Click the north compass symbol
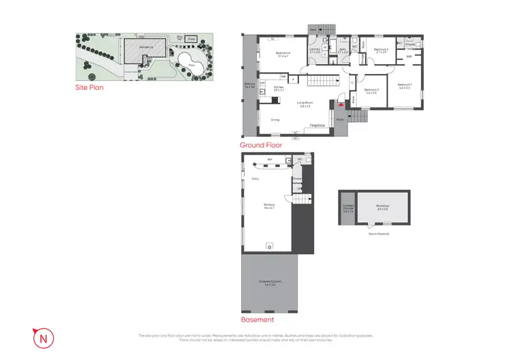click(43, 336)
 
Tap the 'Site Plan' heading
click(89, 88)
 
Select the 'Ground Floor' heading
click(261, 145)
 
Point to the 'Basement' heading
click(258, 319)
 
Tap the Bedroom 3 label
click(371, 91)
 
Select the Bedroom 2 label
click(382, 50)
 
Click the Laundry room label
click(315, 50)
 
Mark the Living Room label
click(305, 104)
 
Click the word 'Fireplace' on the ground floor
click(317, 126)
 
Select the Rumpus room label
click(269, 206)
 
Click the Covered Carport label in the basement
click(269, 283)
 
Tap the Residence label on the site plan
click(145, 47)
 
